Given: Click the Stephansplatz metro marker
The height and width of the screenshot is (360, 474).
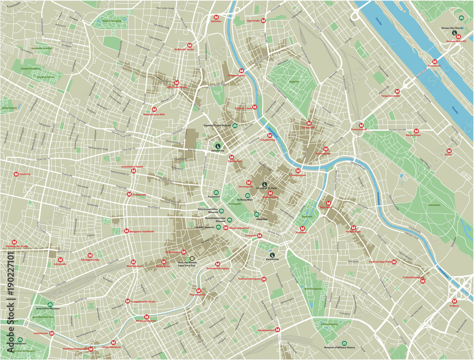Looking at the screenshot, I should (270, 193).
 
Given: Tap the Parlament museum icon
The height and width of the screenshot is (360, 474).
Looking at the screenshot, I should (217, 193).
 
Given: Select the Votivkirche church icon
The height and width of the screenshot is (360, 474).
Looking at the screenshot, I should (218, 146).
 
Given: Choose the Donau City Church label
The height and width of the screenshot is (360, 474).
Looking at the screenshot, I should (454, 28).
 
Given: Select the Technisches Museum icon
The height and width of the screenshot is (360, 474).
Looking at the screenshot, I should (51, 304).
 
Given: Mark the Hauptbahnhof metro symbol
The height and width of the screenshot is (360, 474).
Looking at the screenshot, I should (278, 330).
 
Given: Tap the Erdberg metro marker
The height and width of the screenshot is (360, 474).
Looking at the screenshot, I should (455, 301).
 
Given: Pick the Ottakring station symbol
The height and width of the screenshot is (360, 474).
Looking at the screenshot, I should (17, 174).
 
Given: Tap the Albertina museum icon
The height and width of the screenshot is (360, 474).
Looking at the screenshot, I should (257, 215).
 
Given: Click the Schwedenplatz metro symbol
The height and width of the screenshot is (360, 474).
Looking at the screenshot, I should (298, 171).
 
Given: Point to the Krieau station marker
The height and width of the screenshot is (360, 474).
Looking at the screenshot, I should (448, 151).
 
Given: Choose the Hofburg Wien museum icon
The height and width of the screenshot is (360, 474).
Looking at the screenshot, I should (247, 195).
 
